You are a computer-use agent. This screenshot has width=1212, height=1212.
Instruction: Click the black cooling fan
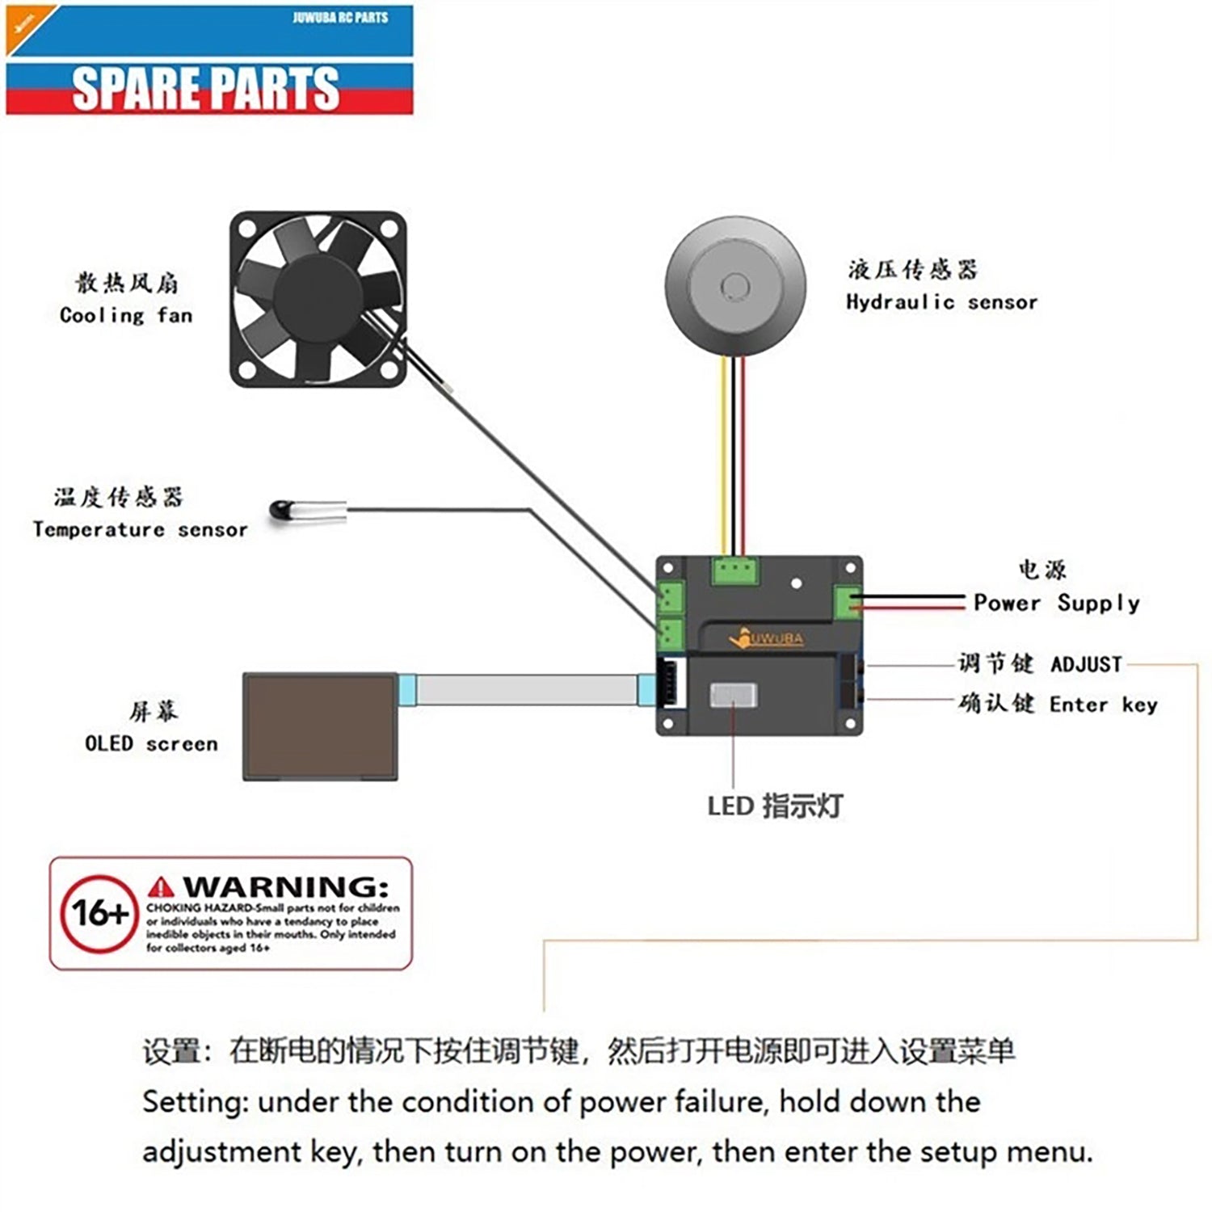pyautogui.click(x=318, y=299)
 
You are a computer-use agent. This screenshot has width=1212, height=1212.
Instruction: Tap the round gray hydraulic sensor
pyautogui.click(x=735, y=287)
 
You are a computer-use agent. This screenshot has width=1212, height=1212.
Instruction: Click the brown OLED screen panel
pyautogui.click(x=321, y=726)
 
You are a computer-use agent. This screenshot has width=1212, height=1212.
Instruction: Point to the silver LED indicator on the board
pyautogui.click(x=733, y=695)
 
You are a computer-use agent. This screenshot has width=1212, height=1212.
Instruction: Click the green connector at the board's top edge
pyautogui.click(x=735, y=570)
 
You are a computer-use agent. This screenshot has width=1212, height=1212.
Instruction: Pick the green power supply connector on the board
pyautogui.click(x=847, y=603)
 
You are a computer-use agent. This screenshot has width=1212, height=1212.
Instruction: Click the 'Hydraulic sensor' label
pyautogui.click(x=941, y=302)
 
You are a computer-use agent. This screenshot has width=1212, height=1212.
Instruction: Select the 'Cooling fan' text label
pyautogui.click(x=126, y=315)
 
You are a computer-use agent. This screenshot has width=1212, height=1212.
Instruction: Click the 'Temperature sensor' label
pyautogui.click(x=140, y=530)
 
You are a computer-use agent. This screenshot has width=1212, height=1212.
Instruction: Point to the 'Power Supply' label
pyautogui.click(x=1056, y=603)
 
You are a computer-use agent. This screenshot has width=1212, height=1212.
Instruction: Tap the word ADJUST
pyautogui.click(x=1086, y=664)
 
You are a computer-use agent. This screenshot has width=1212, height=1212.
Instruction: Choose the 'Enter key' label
pyautogui.click(x=1103, y=705)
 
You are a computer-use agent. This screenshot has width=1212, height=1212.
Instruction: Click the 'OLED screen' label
pyautogui.click(x=151, y=743)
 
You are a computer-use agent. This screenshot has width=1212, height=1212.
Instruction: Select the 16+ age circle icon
pyautogui.click(x=99, y=914)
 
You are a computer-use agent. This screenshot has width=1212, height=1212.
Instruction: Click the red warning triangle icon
pyautogui.click(x=162, y=887)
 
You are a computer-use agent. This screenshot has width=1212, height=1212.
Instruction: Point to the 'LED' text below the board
pyautogui.click(x=730, y=806)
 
